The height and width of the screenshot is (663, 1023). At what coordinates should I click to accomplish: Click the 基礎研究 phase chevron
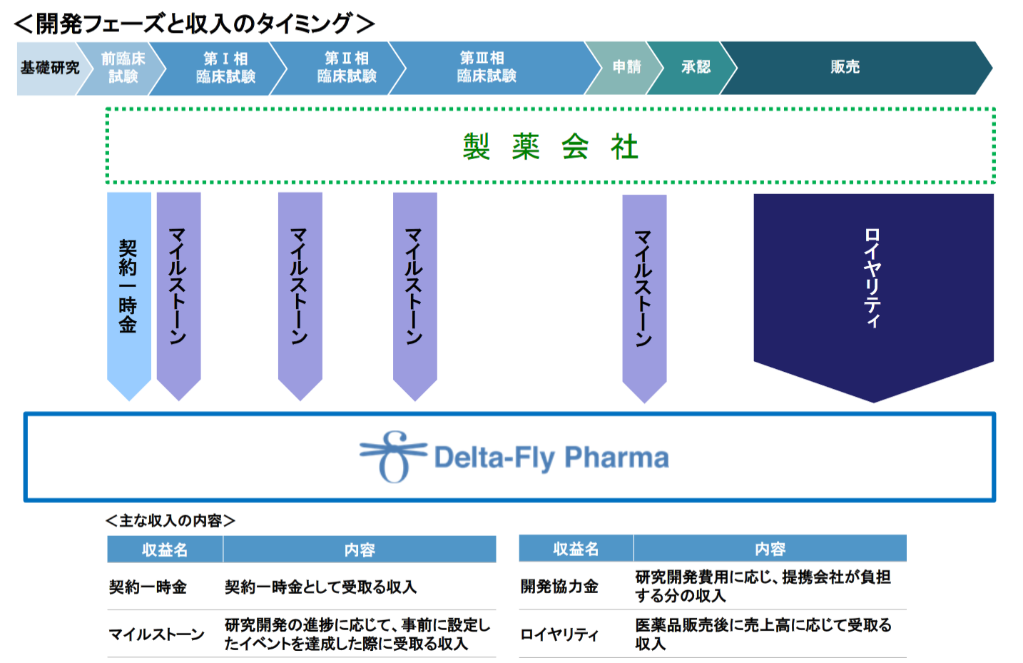pyautogui.click(x=49, y=68)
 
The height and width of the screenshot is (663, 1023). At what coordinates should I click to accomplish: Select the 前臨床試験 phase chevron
pyautogui.click(x=122, y=68)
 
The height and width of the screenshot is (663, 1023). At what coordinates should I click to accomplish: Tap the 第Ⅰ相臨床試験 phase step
pyautogui.click(x=225, y=68)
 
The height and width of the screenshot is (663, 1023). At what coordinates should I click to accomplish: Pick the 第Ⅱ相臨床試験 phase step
pyautogui.click(x=346, y=68)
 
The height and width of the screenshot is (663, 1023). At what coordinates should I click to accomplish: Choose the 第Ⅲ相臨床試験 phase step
pyautogui.click(x=487, y=68)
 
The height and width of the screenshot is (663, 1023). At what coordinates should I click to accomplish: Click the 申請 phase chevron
pyautogui.click(x=626, y=68)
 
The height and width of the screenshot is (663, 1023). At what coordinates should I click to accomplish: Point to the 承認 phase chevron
pyautogui.click(x=695, y=68)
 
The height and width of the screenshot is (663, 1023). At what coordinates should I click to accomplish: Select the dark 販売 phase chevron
pyautogui.click(x=845, y=68)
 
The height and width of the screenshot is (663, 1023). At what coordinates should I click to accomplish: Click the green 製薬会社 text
pyautogui.click(x=550, y=147)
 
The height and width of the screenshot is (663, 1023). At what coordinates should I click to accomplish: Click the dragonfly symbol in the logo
pyautogui.click(x=393, y=457)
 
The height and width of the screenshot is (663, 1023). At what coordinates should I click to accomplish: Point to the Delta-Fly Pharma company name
pyautogui.click(x=551, y=457)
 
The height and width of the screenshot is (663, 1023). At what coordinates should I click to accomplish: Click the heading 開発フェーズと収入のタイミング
pyautogui.click(x=194, y=24)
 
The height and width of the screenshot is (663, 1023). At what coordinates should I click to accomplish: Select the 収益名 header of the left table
pyautogui.click(x=165, y=550)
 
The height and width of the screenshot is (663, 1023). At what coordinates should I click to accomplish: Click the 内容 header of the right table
pyautogui.click(x=770, y=549)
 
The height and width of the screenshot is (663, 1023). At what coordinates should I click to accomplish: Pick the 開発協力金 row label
pyautogui.click(x=559, y=587)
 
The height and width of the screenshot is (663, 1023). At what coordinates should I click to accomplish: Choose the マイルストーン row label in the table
pyautogui.click(x=156, y=634)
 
